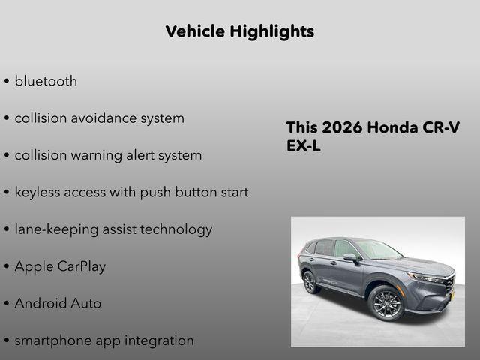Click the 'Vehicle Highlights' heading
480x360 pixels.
click(x=239, y=31)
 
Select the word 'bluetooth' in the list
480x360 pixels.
click(x=46, y=81)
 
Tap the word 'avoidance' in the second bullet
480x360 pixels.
click(x=99, y=118)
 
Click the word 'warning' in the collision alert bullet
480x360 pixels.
click(x=98, y=155)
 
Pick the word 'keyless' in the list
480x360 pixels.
click(x=39, y=192)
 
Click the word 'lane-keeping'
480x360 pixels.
click(x=58, y=229)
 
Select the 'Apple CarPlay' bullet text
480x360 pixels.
click(x=60, y=266)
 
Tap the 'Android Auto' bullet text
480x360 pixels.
click(x=58, y=303)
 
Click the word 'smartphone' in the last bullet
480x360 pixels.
click(x=52, y=340)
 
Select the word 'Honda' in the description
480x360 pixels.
click(x=394, y=127)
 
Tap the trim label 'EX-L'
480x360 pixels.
click(x=303, y=146)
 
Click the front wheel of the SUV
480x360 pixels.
click(x=385, y=303)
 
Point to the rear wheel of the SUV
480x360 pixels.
click(x=310, y=282)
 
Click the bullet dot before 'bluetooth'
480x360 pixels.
click(x=7, y=82)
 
